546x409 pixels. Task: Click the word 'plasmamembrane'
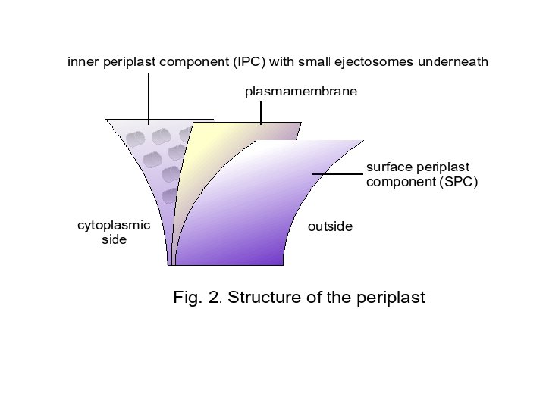coord(300,92)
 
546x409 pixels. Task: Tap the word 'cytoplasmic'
coord(114,225)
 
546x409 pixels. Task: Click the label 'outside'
coord(330,226)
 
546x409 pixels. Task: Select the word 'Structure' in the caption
coord(263,297)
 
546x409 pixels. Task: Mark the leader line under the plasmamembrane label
coord(261,113)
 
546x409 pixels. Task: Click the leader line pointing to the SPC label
coord(337,174)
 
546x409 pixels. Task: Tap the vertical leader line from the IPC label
coord(149,97)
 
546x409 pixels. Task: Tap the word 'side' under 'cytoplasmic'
coord(114,240)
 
